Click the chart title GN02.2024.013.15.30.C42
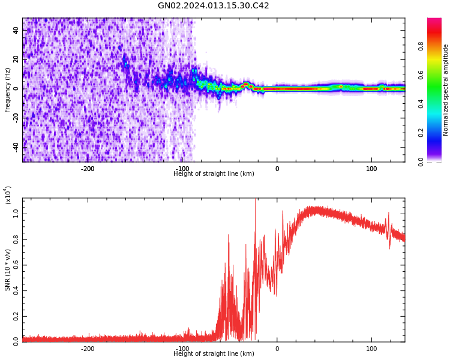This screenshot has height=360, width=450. pyautogui.click(x=213, y=6)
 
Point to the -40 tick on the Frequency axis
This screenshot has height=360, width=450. pyautogui.click(x=15, y=146)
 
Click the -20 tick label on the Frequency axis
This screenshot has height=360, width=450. pyautogui.click(x=15, y=118)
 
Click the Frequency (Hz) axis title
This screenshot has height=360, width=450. pyautogui.click(x=8, y=90)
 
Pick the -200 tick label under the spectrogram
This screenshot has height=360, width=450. pyautogui.click(x=88, y=169)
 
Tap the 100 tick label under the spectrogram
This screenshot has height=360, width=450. pyautogui.click(x=371, y=169)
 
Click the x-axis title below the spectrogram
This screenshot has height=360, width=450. pyautogui.click(x=214, y=174)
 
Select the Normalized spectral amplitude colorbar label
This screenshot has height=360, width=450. pyautogui.click(x=446, y=90)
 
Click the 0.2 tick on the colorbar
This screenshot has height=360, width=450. pyautogui.click(x=437, y=133)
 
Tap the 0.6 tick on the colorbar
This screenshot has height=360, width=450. pyautogui.click(x=437, y=75)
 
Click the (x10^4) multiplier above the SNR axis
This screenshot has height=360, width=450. pyautogui.click(x=8, y=195)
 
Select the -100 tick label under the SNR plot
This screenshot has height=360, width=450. pyautogui.click(x=182, y=349)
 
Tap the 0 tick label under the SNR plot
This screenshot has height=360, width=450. pyautogui.click(x=277, y=349)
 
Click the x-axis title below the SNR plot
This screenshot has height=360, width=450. pyautogui.click(x=214, y=354)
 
